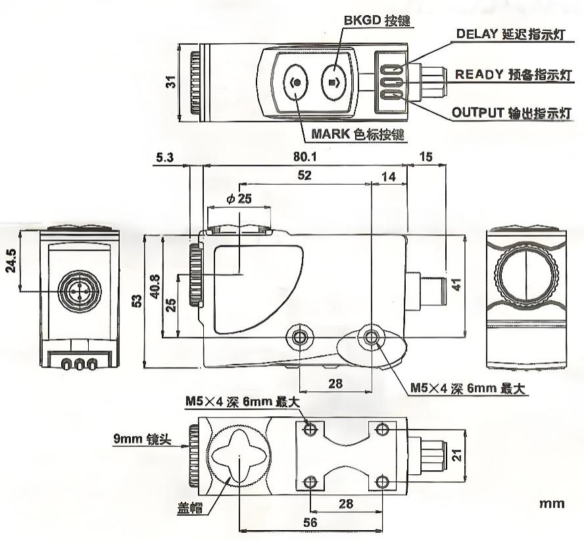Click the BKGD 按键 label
(377, 20)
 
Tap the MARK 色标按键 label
(357, 135)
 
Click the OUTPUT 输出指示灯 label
(510, 112)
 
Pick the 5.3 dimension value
(166, 158)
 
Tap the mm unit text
(551, 504)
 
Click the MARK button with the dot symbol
(297, 83)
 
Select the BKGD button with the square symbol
(335, 83)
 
